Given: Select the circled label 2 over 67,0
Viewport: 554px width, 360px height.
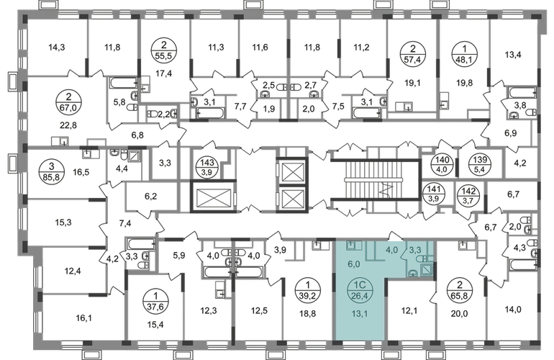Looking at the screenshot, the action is pos(68,102).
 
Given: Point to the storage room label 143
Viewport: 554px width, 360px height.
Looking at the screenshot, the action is pos(207,162).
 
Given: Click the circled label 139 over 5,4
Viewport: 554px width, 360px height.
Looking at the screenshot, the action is pos(480,164).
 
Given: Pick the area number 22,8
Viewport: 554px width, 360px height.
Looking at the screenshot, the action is pos(68,125).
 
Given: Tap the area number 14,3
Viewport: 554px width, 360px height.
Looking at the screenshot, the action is pos(57,47).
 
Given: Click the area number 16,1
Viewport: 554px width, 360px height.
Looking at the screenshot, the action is pos(83,318).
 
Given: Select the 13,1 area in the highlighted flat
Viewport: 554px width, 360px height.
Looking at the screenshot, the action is pos(360,313).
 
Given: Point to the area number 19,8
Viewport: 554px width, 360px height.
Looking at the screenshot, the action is pos(464,83).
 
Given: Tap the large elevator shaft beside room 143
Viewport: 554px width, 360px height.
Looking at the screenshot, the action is pos(214,197).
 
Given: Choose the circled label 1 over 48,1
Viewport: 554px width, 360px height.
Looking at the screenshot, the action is pos(464,53).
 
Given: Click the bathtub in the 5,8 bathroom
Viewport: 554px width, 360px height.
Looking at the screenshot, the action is pos(124,83).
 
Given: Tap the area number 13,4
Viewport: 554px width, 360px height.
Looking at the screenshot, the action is pos(513,55).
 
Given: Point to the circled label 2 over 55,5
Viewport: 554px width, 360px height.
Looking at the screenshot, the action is pos(164,52).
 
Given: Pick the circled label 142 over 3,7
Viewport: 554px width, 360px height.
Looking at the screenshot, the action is pos(468,195).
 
